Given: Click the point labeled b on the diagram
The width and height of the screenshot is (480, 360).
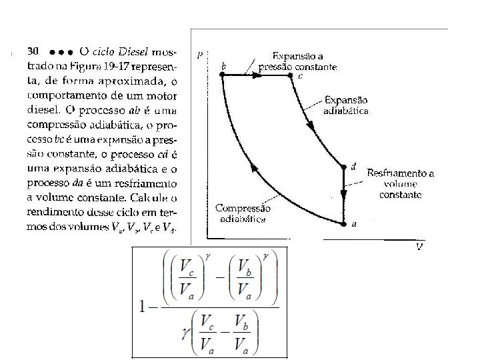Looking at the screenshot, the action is click(x=222, y=76).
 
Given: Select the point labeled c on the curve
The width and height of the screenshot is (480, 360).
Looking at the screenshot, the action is click(x=290, y=76).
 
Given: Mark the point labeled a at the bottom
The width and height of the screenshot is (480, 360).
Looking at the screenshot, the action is click(x=344, y=223).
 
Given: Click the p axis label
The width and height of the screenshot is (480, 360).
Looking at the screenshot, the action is click(x=200, y=55).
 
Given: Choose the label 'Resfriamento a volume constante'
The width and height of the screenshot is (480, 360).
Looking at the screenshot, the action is click(x=400, y=183).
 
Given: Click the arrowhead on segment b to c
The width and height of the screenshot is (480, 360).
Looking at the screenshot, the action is click(x=257, y=76).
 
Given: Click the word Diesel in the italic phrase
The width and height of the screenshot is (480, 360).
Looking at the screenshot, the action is click(x=134, y=51).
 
